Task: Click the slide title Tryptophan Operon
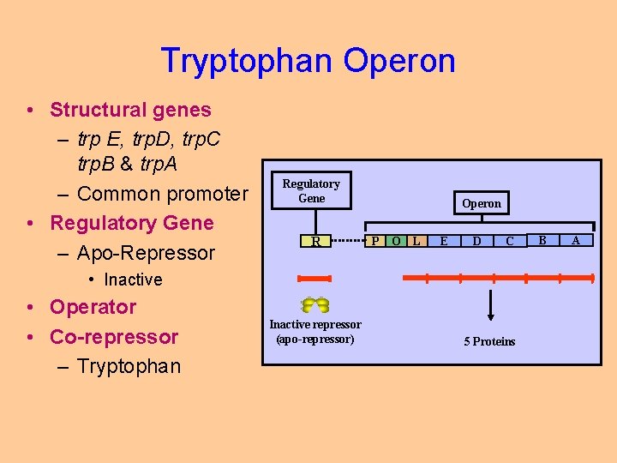pyautogui.click(x=308, y=61)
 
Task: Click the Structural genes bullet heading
pyautogui.click(x=130, y=110)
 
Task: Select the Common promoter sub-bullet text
pyautogui.click(x=162, y=194)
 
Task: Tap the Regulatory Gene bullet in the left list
pyautogui.click(x=131, y=223)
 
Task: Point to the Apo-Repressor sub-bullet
pyautogui.click(x=146, y=253)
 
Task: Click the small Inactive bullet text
pyautogui.click(x=133, y=280)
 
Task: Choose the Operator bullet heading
pyautogui.click(x=93, y=307)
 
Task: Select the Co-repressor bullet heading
pyautogui.click(x=114, y=336)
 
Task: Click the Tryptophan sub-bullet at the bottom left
pyautogui.click(x=129, y=366)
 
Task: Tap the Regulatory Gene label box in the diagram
pyautogui.click(x=311, y=190)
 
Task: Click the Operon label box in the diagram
pyautogui.click(x=482, y=203)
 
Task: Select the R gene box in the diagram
pyautogui.click(x=315, y=242)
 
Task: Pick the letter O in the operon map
pyautogui.click(x=396, y=241)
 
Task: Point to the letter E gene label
pyautogui.click(x=443, y=241)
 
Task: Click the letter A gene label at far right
pyautogui.click(x=575, y=240)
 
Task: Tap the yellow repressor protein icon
pyautogui.click(x=315, y=304)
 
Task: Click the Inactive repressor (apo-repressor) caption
pyautogui.click(x=315, y=331)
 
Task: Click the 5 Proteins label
pyautogui.click(x=490, y=341)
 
